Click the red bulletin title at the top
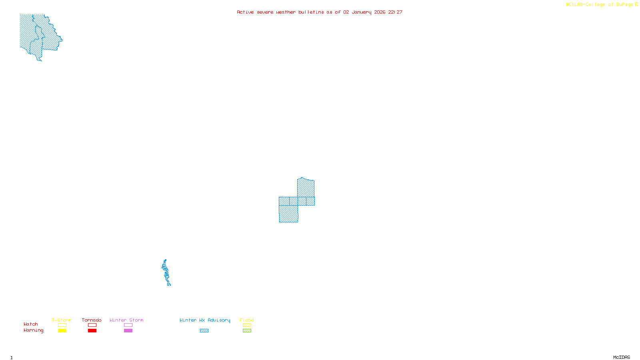319,12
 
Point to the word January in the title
361,12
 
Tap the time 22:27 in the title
395,12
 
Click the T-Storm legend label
62,320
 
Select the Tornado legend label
92,320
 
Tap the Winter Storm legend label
126,320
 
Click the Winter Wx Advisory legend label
205,320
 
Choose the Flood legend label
247,320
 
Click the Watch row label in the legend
31,324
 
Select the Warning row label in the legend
34,330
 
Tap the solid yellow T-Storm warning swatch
62,331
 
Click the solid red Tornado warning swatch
92,331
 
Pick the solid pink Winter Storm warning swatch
128,331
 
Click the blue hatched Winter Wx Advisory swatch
204,331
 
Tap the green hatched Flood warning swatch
247,331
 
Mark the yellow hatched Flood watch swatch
247,325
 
